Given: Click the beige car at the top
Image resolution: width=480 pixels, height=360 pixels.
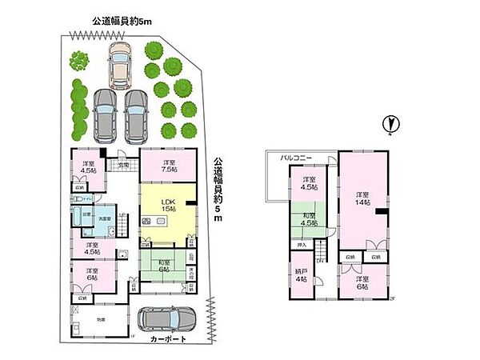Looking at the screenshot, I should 120,64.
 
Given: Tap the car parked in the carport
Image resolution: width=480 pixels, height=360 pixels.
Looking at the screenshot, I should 166,320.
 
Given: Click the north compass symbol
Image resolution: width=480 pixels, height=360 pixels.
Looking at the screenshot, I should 390,125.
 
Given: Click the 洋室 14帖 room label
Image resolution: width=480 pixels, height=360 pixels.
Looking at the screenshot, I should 362,199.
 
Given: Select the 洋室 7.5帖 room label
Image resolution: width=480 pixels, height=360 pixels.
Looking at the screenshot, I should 168,166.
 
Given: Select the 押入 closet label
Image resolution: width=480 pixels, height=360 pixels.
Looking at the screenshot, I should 302,246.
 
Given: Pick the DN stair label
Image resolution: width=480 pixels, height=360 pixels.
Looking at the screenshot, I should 319,261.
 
